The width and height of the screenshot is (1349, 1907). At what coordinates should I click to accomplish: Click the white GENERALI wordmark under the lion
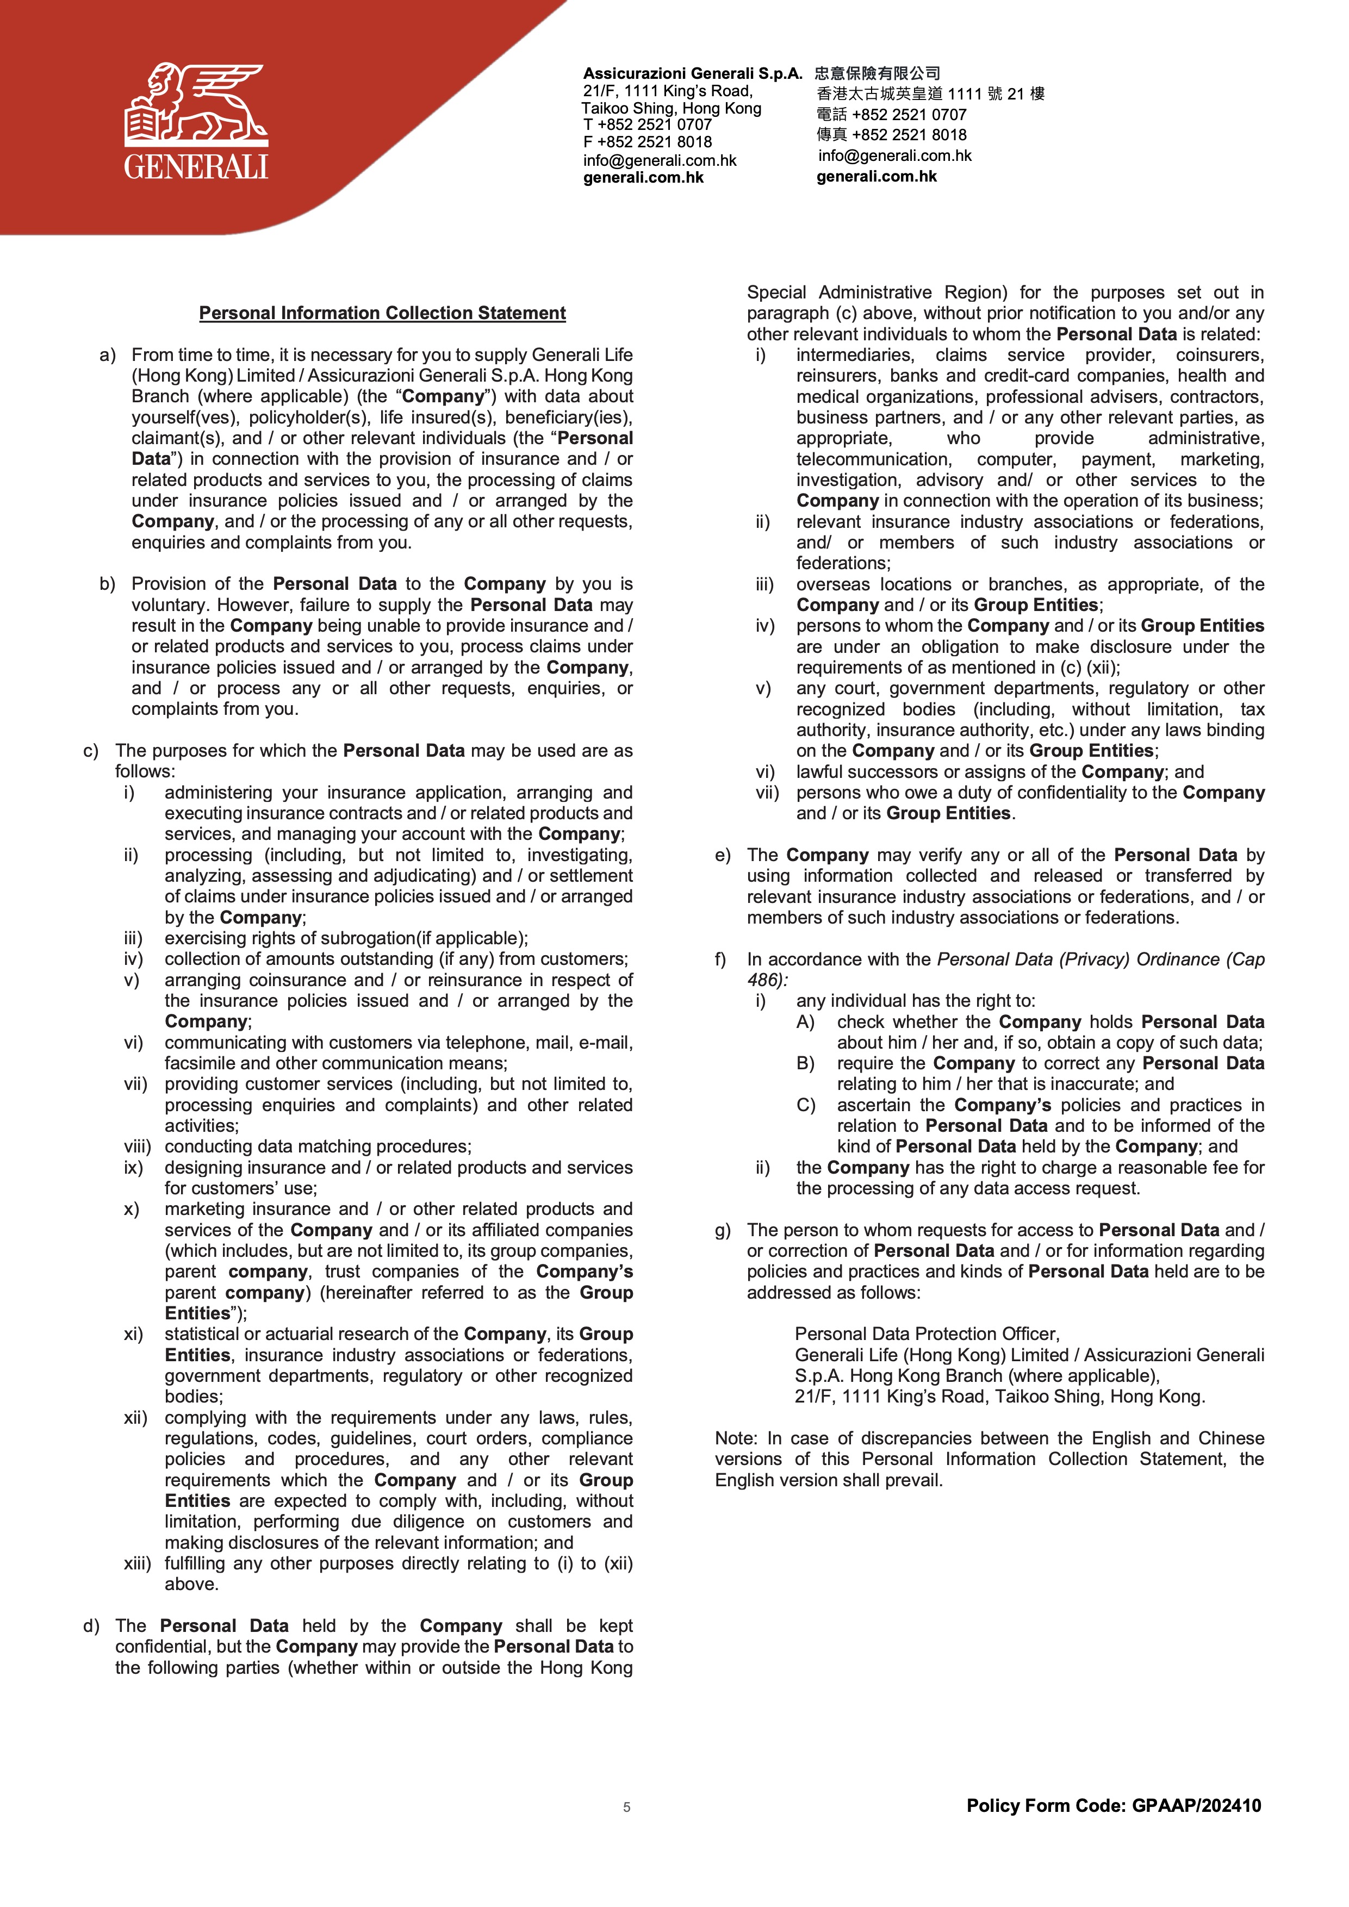click(196, 167)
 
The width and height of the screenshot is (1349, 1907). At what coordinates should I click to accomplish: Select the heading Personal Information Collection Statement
click(382, 313)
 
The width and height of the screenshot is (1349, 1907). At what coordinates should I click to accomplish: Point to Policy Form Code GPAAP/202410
click(1113, 1806)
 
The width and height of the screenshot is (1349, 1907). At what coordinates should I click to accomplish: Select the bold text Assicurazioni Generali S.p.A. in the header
click(693, 73)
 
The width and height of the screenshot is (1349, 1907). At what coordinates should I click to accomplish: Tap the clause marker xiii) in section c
click(137, 1563)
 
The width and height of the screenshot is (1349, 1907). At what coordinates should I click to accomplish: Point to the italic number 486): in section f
click(767, 980)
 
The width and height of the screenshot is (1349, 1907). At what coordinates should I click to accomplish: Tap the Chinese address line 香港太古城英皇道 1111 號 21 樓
click(930, 94)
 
